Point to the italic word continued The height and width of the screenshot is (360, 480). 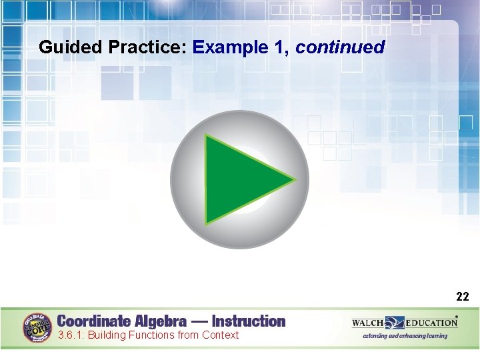(340, 47)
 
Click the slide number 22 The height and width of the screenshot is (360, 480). (463, 297)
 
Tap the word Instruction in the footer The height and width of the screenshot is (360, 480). (248, 321)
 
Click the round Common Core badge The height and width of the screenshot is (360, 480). (38, 327)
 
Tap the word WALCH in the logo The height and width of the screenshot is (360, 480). (368, 323)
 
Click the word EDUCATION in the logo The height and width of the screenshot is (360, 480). (431, 323)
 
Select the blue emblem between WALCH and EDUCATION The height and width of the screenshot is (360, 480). (394, 323)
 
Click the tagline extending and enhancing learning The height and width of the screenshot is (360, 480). (405, 336)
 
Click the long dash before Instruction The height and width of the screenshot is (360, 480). (199, 321)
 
